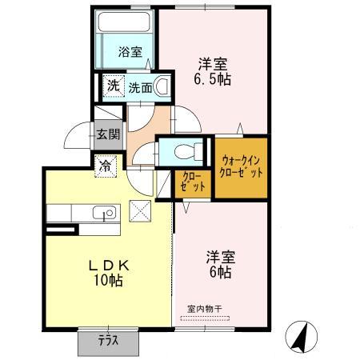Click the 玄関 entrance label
click(x=107, y=134)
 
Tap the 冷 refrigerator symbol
click(x=106, y=167)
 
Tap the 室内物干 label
click(x=203, y=308)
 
